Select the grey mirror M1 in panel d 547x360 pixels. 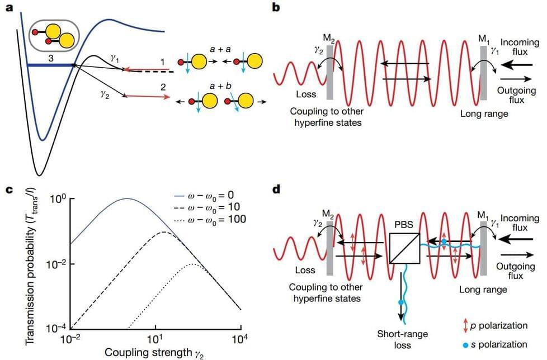(x=484, y=247)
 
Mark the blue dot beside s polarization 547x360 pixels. (x=465, y=344)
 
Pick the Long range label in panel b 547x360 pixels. (x=483, y=114)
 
